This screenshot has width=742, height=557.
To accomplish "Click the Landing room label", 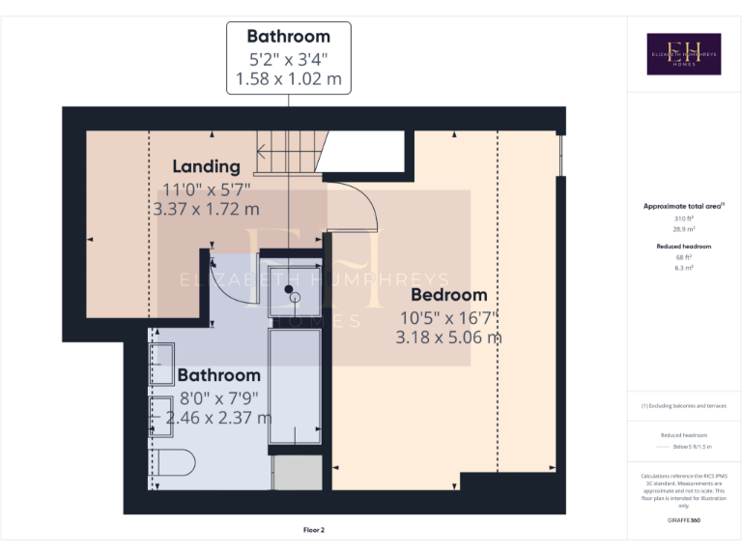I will click(206, 166).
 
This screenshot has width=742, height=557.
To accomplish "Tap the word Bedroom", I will click(449, 295).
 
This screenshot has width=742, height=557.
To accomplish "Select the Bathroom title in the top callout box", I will click(289, 38).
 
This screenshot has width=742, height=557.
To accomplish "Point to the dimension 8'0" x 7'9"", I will click(218, 396).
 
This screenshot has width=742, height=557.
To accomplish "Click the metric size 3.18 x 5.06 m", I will click(448, 337).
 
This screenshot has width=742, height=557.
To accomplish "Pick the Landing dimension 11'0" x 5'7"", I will click(206, 189).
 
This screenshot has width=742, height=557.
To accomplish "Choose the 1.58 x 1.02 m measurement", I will click(289, 79).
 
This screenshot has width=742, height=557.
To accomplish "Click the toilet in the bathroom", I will click(175, 462).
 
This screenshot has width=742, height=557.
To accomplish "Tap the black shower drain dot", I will click(288, 288).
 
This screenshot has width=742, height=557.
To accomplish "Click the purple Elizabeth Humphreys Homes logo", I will click(683, 53).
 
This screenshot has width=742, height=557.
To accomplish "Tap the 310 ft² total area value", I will click(683, 219).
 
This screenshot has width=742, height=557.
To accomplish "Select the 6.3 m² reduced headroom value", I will click(683, 267).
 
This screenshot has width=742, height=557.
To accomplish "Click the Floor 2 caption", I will click(313, 530).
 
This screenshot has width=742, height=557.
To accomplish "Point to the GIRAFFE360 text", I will click(683, 521).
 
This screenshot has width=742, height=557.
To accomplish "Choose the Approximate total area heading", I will click(683, 206).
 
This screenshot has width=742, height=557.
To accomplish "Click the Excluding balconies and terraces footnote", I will click(683, 406).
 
